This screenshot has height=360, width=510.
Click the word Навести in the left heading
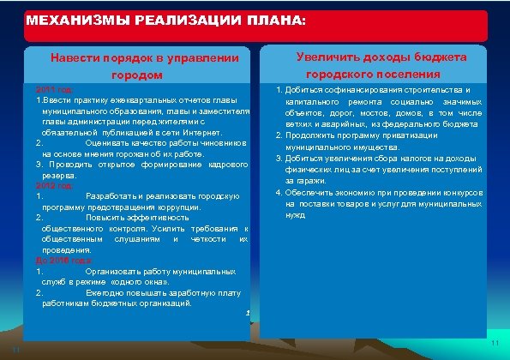(x=81, y=58)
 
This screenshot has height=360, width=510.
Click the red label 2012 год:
(x=55, y=185)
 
